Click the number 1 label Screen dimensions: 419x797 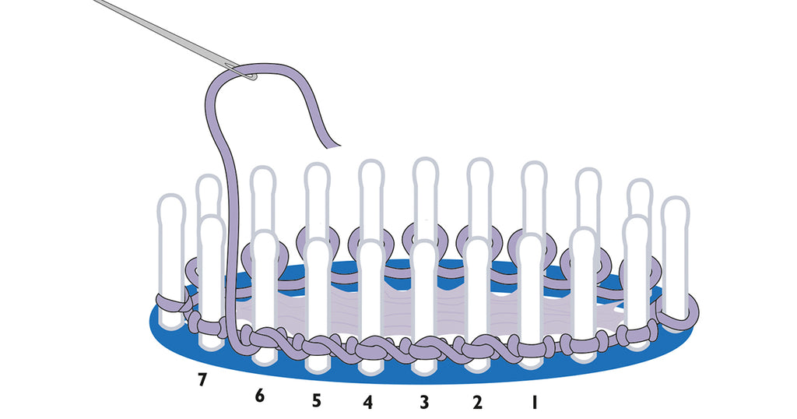point(533,403)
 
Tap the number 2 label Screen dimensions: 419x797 point(477,403)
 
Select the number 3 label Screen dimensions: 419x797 point(423,403)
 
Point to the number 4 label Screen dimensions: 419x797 point(367,403)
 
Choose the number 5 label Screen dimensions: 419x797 point(315,400)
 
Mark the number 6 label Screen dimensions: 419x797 point(260,396)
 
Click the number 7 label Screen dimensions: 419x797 point(202,380)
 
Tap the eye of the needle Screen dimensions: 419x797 point(249,76)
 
